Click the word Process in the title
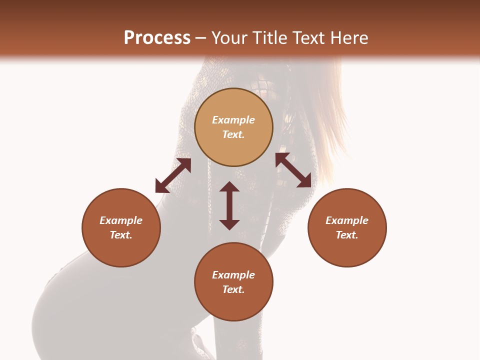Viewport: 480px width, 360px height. pos(157,38)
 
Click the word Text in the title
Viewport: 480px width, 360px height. pos(308,38)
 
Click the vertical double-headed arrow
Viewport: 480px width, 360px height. pos(229,205)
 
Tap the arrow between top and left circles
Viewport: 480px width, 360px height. pos(173,175)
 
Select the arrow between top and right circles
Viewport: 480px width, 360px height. pos(293,170)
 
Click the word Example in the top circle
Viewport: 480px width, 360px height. pos(233,120)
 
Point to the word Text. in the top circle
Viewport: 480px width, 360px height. pos(233,134)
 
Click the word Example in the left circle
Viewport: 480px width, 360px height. pos(121,220)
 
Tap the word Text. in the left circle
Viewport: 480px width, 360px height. pos(121,235)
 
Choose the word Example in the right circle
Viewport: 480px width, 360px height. pos(347,220)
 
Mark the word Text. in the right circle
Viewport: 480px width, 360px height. pos(347,235)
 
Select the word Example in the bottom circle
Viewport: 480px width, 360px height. pos(233,275)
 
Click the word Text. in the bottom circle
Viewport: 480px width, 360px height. pos(233,289)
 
